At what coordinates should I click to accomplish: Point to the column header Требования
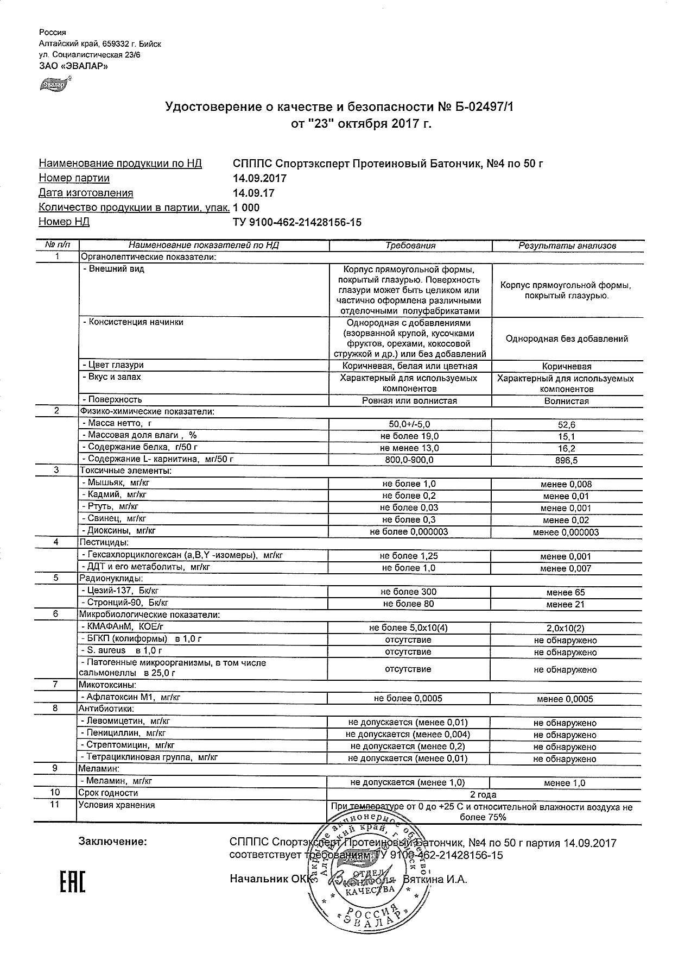pos(410,246)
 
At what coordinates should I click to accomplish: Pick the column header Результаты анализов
pos(567,246)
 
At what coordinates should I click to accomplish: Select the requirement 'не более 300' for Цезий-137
pos(409,592)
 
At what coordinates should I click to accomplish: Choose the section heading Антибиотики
pos(106,709)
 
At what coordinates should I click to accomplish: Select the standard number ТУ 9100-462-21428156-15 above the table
pos(297,222)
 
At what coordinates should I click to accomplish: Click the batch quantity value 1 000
pos(246,208)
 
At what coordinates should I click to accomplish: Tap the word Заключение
pos(112,842)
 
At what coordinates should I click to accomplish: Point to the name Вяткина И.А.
pos(435,879)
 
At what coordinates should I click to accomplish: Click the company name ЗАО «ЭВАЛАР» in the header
pos(73,66)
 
